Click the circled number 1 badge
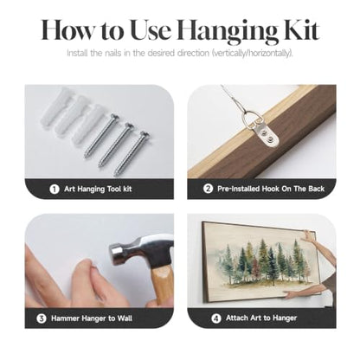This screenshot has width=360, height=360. [x=55, y=190]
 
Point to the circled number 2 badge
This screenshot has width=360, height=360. [x=208, y=189]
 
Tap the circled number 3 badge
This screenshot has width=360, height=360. [x=42, y=318]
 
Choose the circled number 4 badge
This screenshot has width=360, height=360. [x=216, y=318]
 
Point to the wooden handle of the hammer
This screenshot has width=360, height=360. [x=163, y=286]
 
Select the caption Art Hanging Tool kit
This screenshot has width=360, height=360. [x=98, y=190]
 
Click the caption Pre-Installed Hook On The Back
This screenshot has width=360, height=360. [x=271, y=189]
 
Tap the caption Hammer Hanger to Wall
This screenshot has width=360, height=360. [x=92, y=318]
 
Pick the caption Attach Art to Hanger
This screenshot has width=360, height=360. [x=261, y=318]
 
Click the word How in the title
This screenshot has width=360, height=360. [x=67, y=29]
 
